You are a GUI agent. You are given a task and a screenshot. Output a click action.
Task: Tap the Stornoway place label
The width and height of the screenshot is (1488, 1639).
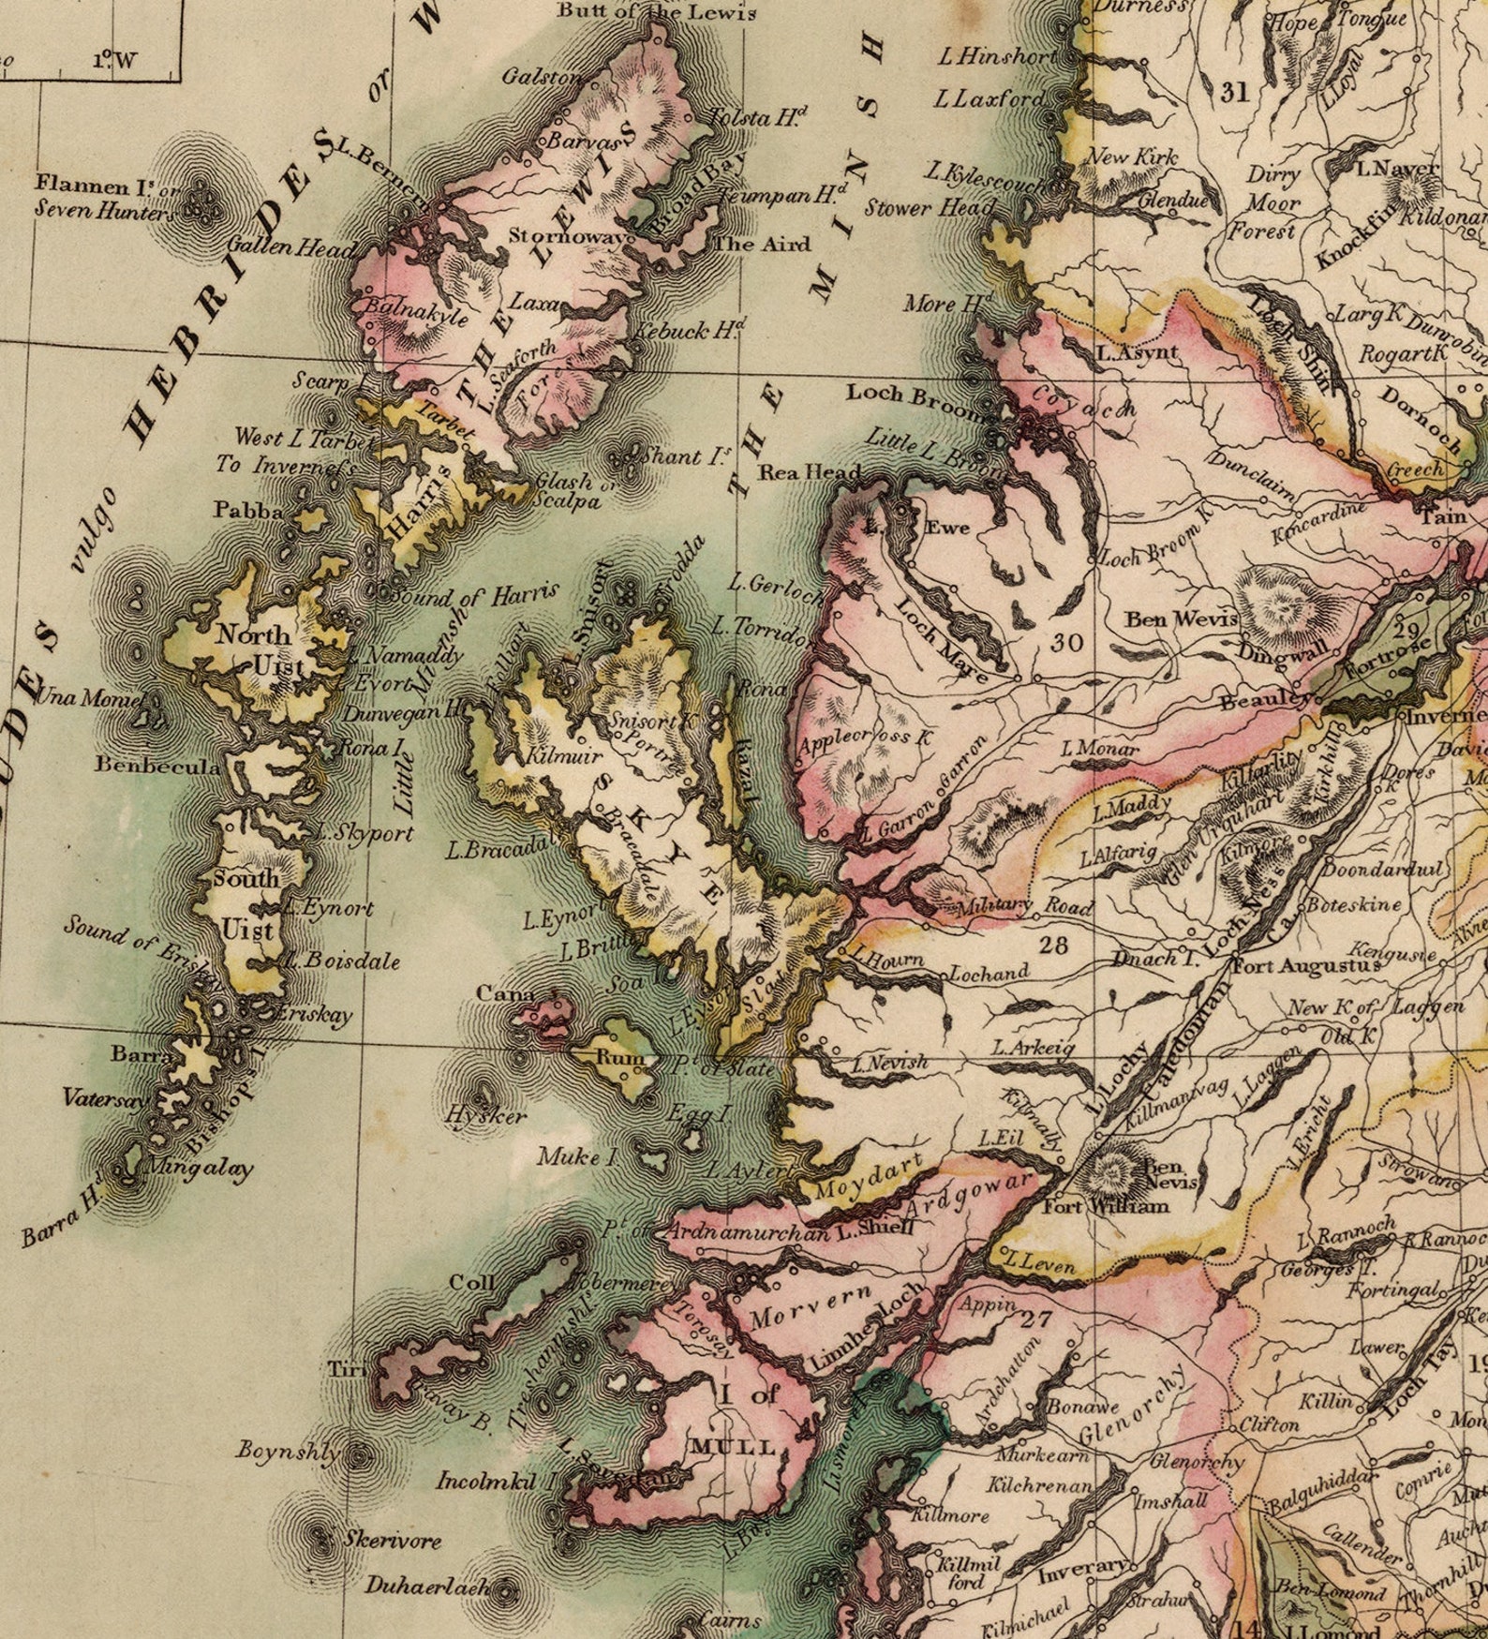point(567,235)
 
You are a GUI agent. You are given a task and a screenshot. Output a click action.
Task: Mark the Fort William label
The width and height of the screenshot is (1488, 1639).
point(1106,1206)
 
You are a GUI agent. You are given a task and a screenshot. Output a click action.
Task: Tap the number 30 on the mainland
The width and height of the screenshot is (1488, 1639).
point(1066,642)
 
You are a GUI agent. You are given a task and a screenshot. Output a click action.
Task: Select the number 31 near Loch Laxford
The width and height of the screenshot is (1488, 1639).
point(1235,91)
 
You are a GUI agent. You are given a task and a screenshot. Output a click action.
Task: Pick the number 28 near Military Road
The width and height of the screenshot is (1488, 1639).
point(1053,945)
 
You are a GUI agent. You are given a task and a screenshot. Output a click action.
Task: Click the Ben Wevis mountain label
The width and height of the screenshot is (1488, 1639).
point(1181,619)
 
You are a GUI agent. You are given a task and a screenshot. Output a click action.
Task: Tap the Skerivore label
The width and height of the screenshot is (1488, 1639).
point(391,1539)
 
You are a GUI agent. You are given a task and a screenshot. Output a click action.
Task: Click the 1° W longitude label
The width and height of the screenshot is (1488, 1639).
point(114,61)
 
